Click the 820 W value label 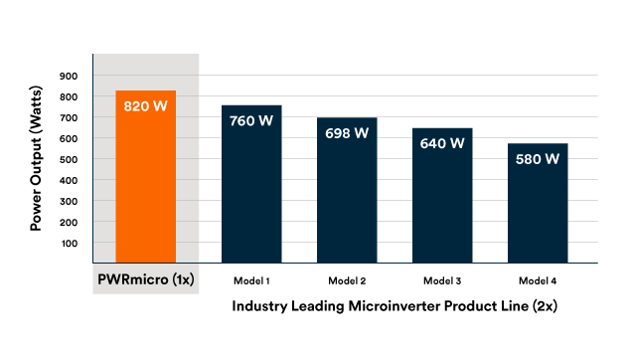point(146,105)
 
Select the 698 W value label point(347,133)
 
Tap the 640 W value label point(442,143)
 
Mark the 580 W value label point(538,158)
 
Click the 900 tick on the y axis point(69,76)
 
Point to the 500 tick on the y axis point(69,159)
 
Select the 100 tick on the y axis point(69,244)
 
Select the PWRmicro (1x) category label point(146,280)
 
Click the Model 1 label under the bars point(251,280)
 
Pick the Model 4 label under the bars point(538,280)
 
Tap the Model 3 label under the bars point(442,280)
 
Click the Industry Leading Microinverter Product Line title point(394,307)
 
